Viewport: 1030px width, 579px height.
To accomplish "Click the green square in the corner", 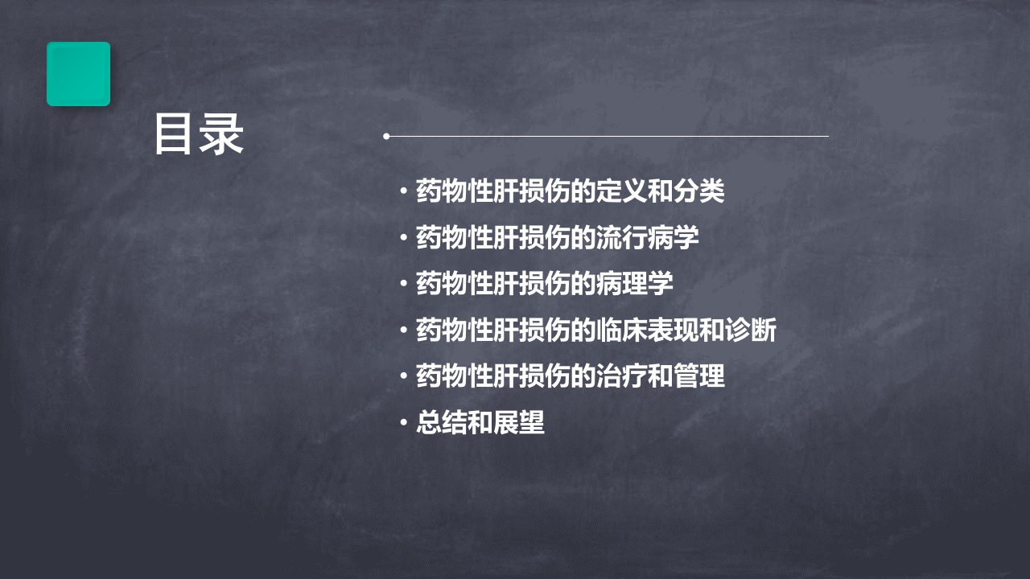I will (x=78, y=74).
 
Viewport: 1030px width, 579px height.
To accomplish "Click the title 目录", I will (x=199, y=134).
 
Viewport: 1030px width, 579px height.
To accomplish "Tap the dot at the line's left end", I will (x=386, y=137).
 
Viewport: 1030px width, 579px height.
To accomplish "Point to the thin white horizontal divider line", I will (x=612, y=137).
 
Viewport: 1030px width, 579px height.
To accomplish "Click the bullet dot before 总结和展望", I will (x=403, y=423).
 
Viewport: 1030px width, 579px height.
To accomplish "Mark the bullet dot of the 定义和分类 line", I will (x=403, y=191).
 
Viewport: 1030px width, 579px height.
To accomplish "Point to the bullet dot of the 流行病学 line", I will (x=403, y=238).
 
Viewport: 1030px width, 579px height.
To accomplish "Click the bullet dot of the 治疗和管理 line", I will (x=403, y=376).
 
